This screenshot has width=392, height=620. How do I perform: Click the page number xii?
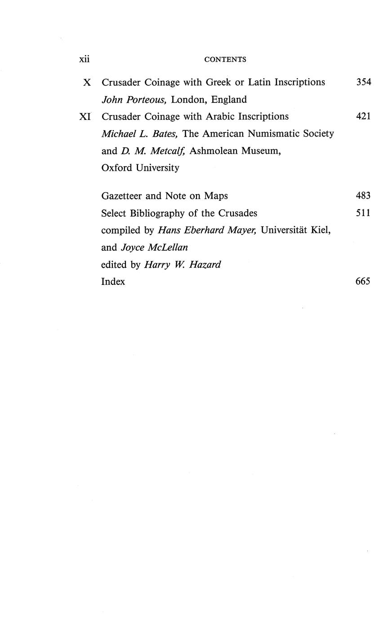click(x=85, y=59)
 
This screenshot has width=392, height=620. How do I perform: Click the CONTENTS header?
click(x=225, y=59)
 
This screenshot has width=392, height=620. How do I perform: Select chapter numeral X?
click(x=87, y=83)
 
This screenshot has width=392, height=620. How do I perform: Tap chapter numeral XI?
click(x=85, y=117)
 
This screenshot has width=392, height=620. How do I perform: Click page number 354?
click(x=363, y=82)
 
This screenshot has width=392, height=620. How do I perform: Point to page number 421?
click(x=363, y=116)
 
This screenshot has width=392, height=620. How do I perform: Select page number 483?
click(x=363, y=195)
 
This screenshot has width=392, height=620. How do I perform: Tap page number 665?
click(x=363, y=282)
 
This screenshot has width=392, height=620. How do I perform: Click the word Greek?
click(x=218, y=82)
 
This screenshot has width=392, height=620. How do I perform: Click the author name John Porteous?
click(x=134, y=100)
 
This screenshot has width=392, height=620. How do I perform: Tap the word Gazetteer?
click(x=121, y=196)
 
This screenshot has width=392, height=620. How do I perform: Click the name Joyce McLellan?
click(x=154, y=247)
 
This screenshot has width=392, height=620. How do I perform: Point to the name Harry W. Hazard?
click(x=183, y=265)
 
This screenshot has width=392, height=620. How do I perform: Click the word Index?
click(x=113, y=282)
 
